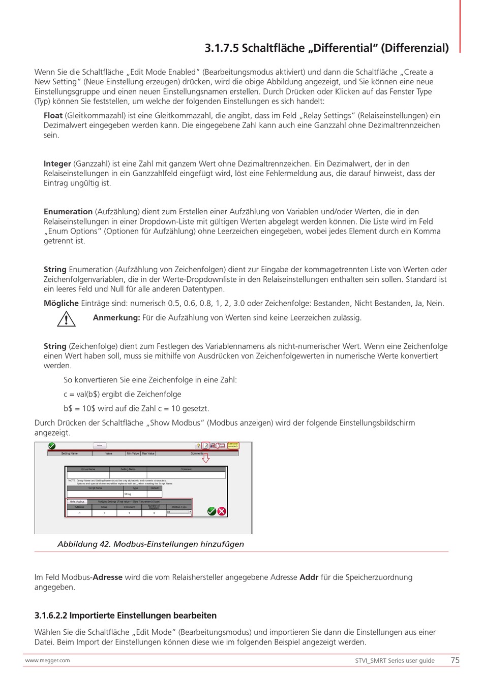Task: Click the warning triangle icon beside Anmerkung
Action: [x=66, y=319]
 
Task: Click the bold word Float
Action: [x=53, y=116]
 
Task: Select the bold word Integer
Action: [x=57, y=164]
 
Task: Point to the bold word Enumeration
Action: [x=68, y=212]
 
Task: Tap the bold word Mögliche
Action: [x=61, y=304]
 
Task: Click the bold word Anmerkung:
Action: [x=116, y=318]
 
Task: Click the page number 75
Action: [x=455, y=661]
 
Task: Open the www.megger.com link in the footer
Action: [x=47, y=661]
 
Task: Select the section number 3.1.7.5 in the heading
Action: [x=221, y=48]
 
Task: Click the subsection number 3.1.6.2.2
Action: [x=50, y=616]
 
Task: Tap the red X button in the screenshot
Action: [x=222, y=511]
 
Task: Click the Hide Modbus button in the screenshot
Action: [x=77, y=502]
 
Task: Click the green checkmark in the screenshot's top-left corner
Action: [x=51, y=446]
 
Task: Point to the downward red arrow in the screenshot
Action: [x=205, y=459]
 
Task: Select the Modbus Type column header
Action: [x=179, y=507]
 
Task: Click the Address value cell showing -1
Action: [x=79, y=513]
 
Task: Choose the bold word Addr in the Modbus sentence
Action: [x=309, y=577]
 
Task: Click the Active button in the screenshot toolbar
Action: [x=100, y=446]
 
